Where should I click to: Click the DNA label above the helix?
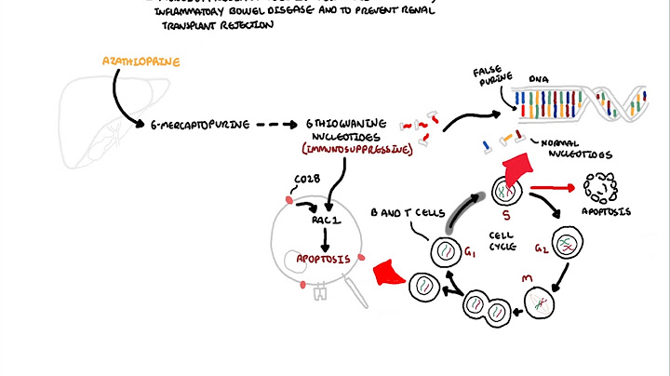(x=539, y=81)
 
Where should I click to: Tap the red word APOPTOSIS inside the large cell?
(x=323, y=260)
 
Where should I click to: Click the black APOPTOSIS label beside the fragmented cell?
(x=607, y=211)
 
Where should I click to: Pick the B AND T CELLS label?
(x=400, y=211)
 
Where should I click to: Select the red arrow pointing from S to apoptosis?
(x=551, y=189)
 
